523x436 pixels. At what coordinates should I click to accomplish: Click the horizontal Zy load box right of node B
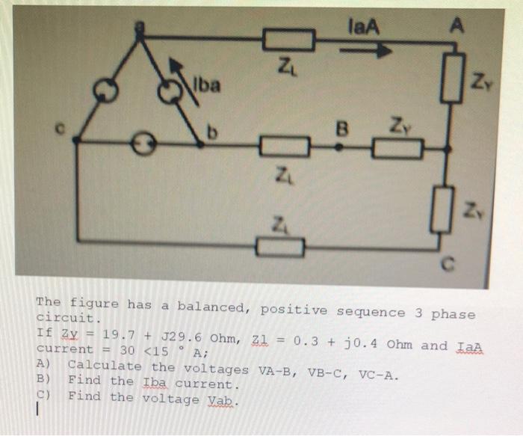pos(397,148)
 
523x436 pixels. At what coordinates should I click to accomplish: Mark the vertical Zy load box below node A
pos(451,81)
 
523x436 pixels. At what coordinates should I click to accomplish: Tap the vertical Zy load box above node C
pos(447,205)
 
